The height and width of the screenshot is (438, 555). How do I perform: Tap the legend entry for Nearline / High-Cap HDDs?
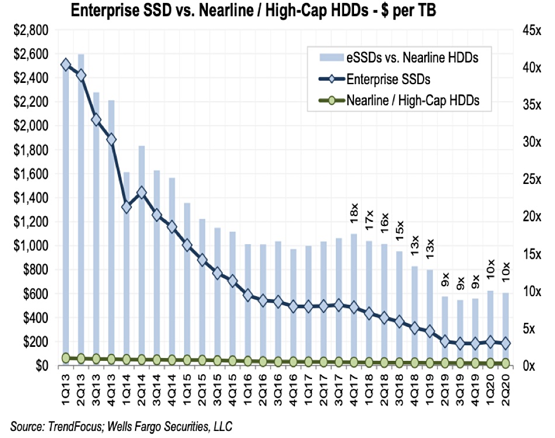tap(412, 100)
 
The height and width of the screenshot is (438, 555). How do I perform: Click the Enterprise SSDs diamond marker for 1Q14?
tap(126, 207)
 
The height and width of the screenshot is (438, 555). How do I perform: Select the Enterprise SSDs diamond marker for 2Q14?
tap(141, 193)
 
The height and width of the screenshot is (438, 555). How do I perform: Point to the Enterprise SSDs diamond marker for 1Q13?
tap(65, 64)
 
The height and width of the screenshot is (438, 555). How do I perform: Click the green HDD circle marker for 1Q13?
tap(65, 358)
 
